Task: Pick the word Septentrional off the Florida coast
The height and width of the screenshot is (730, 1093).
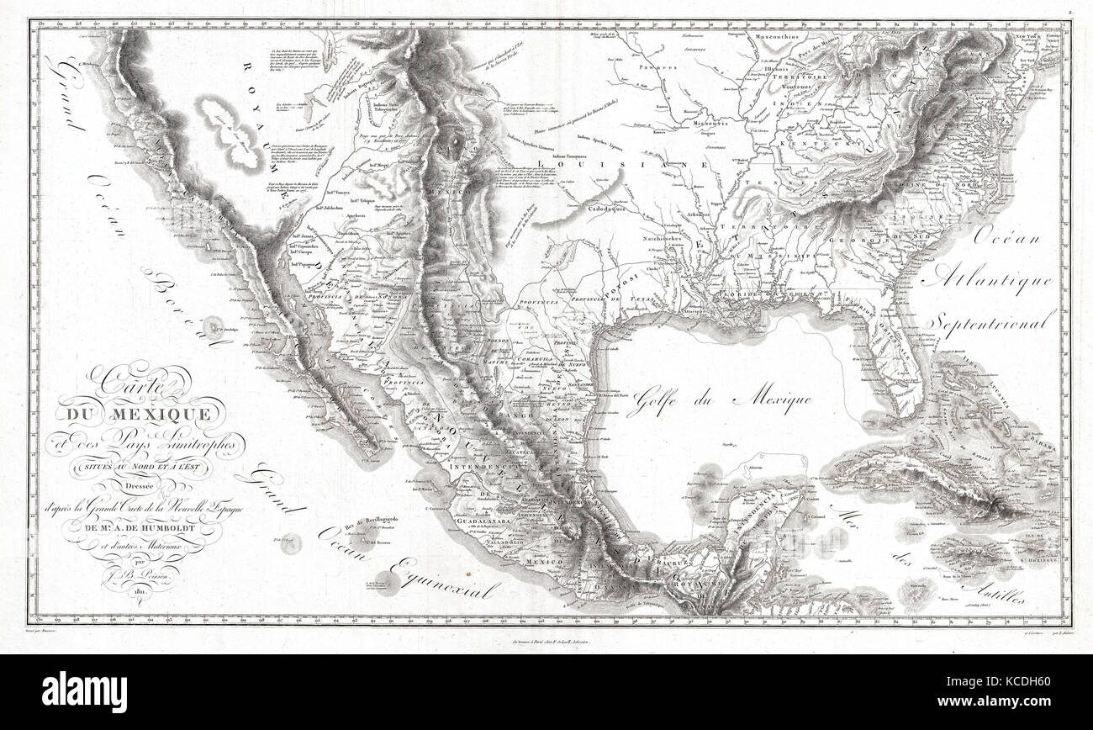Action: (992, 321)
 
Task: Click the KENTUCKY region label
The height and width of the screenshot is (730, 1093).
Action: (811, 145)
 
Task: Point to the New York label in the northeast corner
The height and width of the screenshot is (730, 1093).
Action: (1024, 40)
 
